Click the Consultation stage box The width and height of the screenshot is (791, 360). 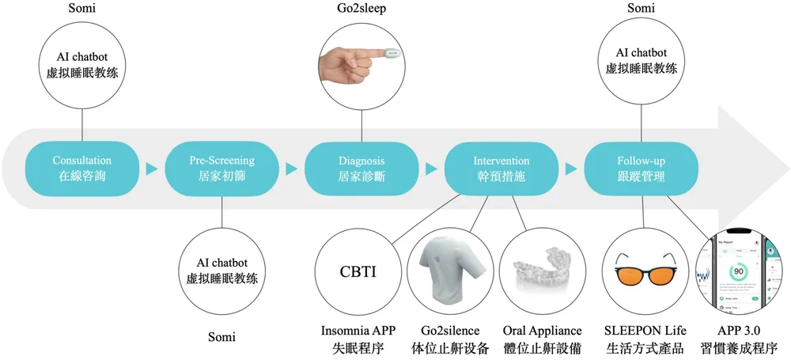[x=82, y=168]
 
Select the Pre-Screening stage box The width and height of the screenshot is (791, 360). [x=222, y=168]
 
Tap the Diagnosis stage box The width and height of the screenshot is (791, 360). [x=361, y=168]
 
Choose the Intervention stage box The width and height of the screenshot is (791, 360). [x=501, y=168]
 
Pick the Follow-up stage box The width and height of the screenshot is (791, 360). [x=642, y=168]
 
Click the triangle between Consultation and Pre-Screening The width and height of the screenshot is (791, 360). [x=152, y=169]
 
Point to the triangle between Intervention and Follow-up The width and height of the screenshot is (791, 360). [x=571, y=169]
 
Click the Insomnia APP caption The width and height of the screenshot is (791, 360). [x=358, y=330]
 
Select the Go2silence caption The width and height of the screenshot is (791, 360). [x=450, y=330]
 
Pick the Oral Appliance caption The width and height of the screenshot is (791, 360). [x=543, y=330]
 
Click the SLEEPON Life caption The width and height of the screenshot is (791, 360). [x=642, y=330]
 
